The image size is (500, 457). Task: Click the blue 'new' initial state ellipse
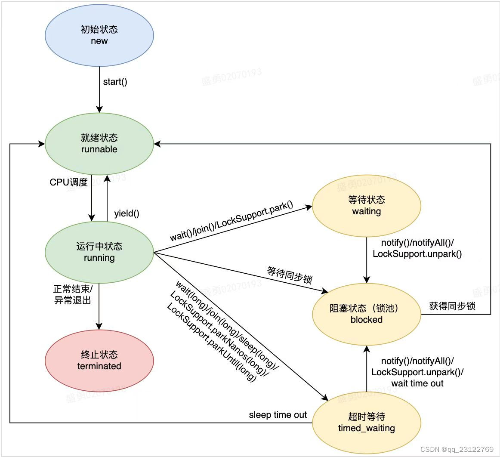click(99, 35)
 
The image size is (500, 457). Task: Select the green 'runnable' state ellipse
click(99, 144)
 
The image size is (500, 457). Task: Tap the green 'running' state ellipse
click(99, 252)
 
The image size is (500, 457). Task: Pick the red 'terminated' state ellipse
click(99, 361)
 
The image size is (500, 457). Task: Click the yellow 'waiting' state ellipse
click(367, 206)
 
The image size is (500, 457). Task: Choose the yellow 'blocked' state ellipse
click(367, 314)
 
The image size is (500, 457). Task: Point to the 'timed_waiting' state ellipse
click(367, 423)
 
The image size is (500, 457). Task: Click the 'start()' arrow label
click(115, 82)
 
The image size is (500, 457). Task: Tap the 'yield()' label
click(127, 213)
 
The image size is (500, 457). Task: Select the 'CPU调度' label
click(69, 182)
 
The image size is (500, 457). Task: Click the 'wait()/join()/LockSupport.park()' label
click(231, 220)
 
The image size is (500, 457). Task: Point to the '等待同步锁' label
click(289, 275)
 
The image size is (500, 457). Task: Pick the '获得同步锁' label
click(452, 306)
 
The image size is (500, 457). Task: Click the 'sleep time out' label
click(278, 415)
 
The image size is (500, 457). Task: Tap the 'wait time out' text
click(417, 383)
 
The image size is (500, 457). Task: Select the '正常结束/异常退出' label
click(72, 294)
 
